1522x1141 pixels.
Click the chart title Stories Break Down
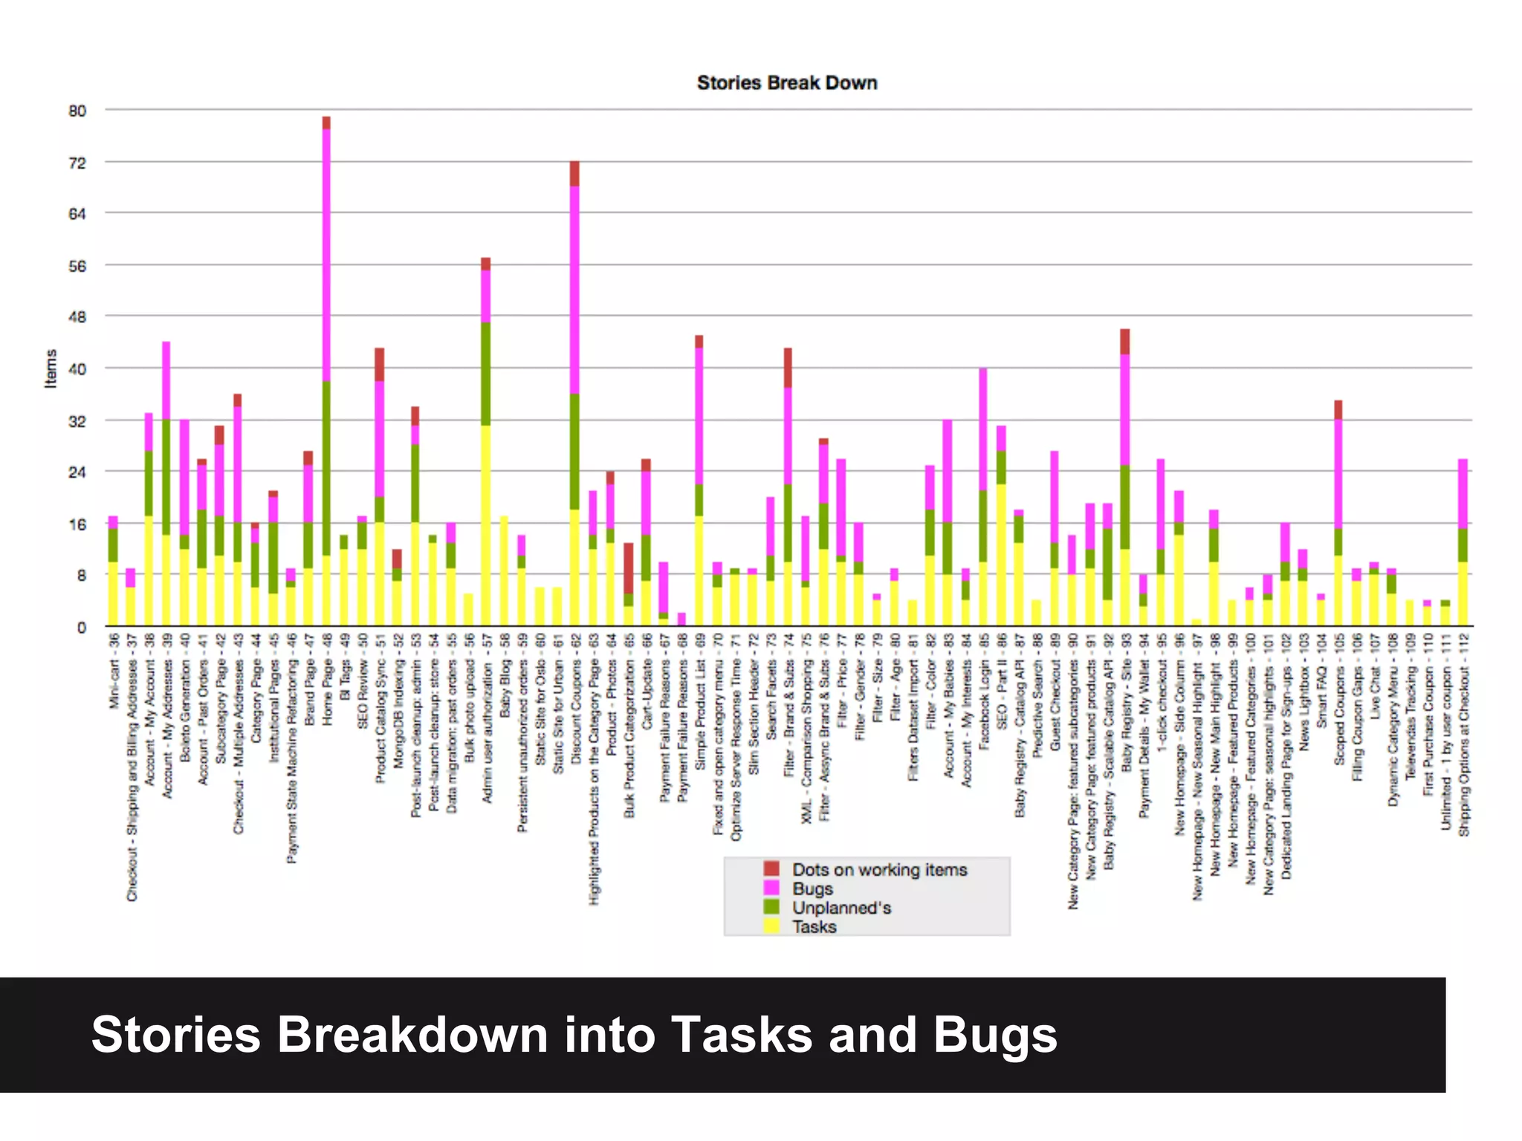(786, 83)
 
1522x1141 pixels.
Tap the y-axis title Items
(51, 368)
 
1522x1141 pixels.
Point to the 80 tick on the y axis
(77, 111)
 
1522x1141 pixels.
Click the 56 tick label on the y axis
(77, 266)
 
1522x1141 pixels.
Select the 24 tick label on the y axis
(77, 472)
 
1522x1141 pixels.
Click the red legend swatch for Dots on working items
(772, 868)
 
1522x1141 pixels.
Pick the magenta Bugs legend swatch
(772, 888)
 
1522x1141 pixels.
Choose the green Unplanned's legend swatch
(772, 907)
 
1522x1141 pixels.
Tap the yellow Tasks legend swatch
(772, 926)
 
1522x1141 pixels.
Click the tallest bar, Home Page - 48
(326, 371)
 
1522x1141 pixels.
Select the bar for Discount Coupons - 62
(574, 394)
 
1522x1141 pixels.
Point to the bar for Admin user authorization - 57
(486, 446)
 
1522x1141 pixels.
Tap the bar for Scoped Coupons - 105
(1338, 513)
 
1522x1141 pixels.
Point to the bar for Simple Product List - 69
(699, 483)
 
